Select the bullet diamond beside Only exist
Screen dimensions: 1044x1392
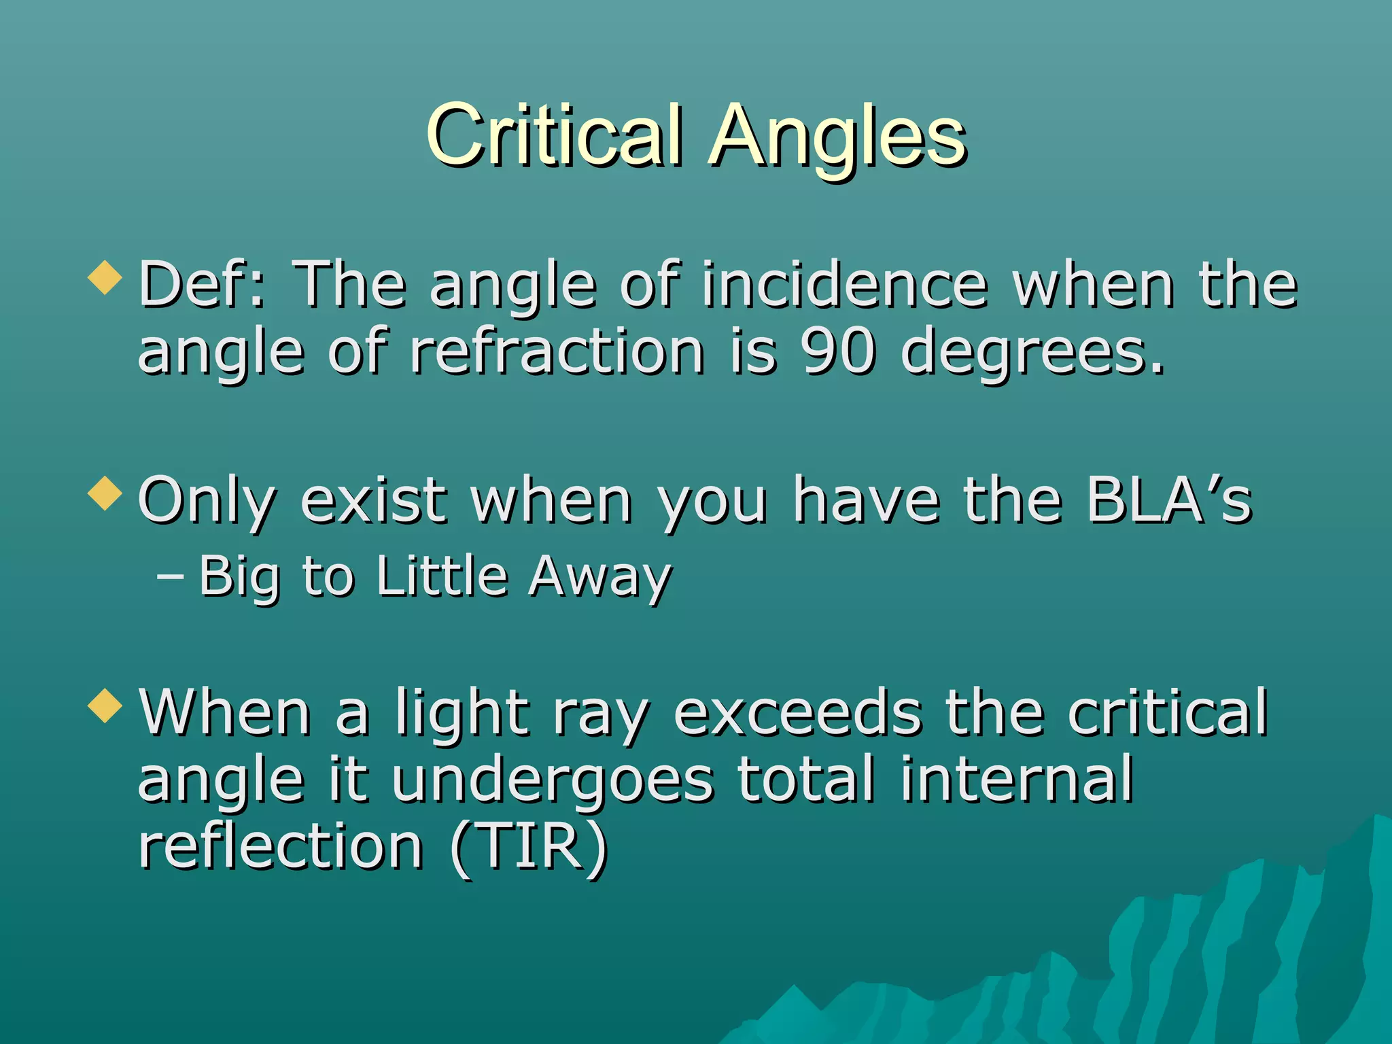(x=105, y=493)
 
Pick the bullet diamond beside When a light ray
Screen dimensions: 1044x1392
(x=105, y=706)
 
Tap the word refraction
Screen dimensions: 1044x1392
(x=557, y=351)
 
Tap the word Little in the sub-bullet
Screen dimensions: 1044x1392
(x=442, y=576)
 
